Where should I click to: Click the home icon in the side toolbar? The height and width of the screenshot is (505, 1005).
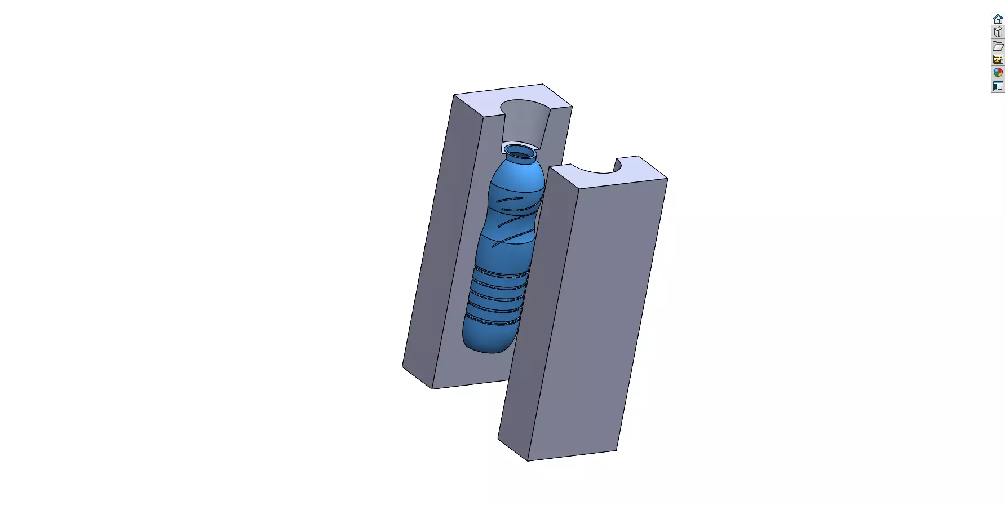pos(998,19)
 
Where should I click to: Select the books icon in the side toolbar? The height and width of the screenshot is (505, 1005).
pos(998,32)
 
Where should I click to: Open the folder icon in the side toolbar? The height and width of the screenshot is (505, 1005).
pos(998,46)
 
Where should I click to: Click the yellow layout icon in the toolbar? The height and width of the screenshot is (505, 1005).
pos(998,59)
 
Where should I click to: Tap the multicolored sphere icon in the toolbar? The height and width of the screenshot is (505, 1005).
pos(998,73)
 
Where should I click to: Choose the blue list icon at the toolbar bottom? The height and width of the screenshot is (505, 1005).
pos(998,86)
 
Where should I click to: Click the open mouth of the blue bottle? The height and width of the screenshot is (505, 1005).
pos(520,152)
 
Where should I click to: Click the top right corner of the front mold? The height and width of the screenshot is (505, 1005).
pos(667,179)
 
